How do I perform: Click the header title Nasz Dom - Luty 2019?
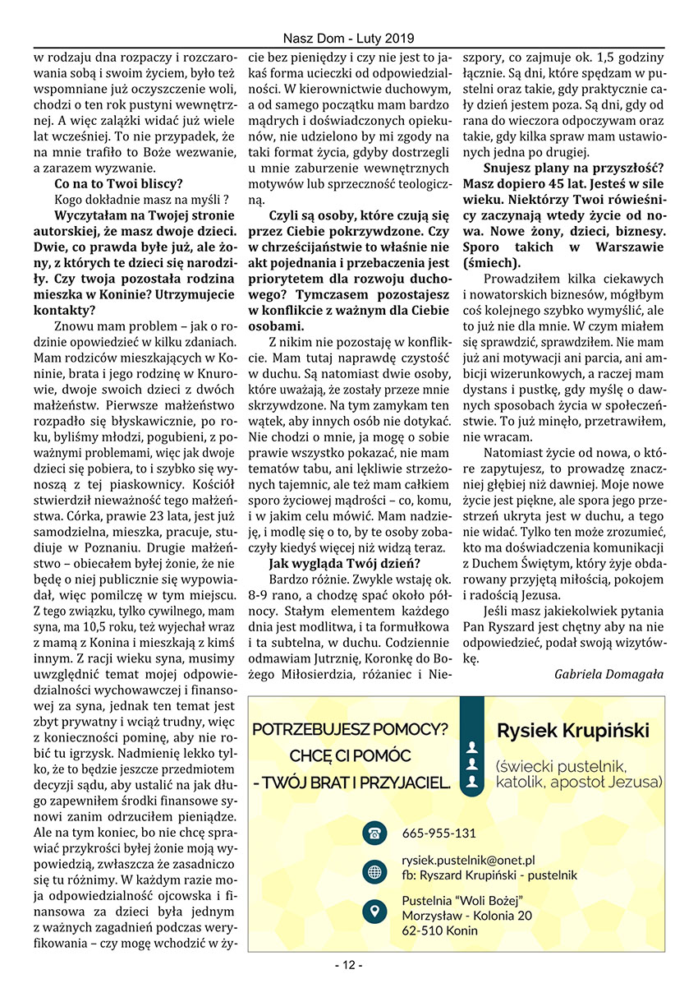[348, 39]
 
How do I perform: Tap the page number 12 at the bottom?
[348, 964]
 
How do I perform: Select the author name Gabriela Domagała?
[608, 674]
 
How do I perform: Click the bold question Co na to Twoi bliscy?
[118, 183]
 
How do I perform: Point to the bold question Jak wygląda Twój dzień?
[344, 563]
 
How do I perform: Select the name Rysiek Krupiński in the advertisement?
[573, 731]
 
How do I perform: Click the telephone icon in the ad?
[374, 833]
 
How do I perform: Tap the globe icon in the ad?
[374, 872]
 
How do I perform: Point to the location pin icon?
[374, 911]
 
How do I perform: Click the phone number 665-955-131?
[439, 833]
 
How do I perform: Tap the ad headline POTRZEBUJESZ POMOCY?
[351, 729]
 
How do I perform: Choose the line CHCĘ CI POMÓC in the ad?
[350, 755]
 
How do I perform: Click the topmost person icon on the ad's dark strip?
[471, 748]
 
